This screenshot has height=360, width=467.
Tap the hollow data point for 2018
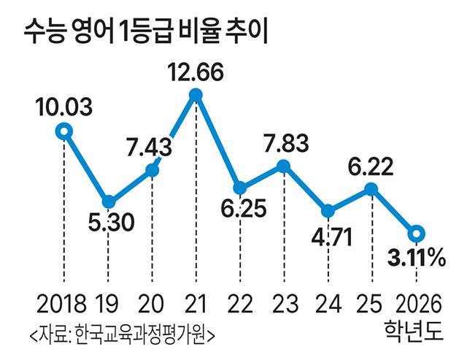pos(64,131)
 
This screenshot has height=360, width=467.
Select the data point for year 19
pos(108,202)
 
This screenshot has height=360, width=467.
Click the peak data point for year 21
pos(196,94)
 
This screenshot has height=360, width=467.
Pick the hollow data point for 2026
pos(415,234)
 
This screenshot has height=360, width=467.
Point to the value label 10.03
pos(64,108)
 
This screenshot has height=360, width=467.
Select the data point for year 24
pos(328,211)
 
